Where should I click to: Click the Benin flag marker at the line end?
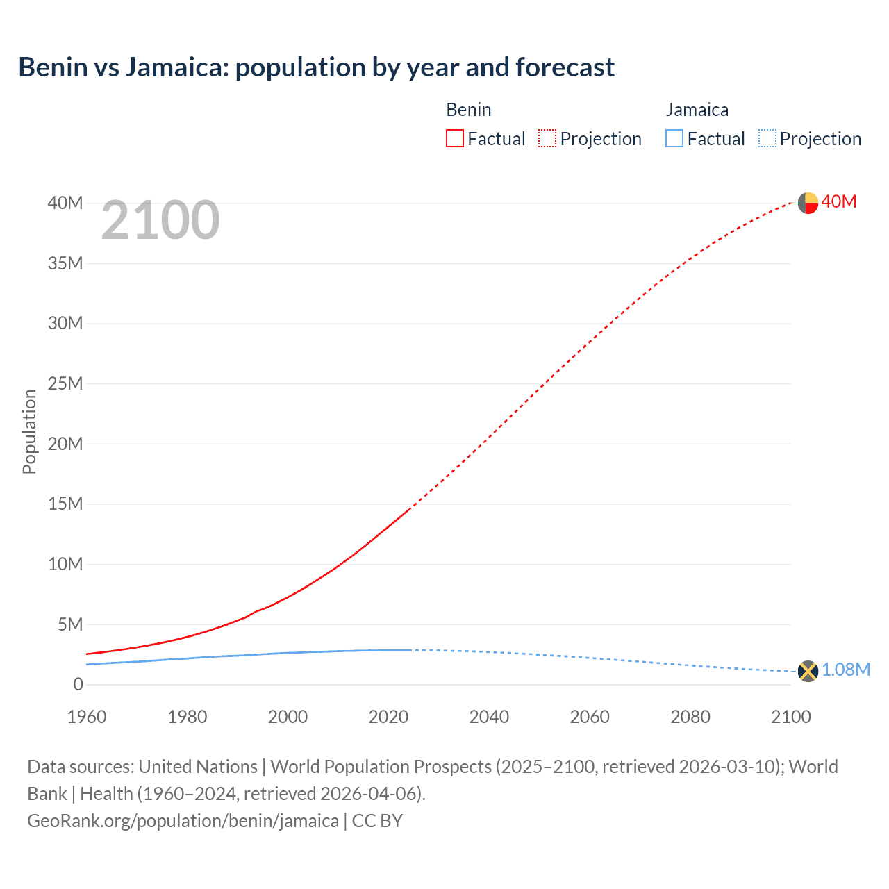pos(808,203)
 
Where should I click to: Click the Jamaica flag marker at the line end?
pos(808,671)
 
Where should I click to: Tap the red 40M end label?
pos(839,201)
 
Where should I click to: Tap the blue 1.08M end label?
pos(846,670)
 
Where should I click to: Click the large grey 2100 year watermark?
pos(160,220)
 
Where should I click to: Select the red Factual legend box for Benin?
pos(454,138)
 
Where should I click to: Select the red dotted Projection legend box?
pos(547,138)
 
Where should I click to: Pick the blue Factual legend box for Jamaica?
pos(674,138)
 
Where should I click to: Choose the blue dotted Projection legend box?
pos(767,138)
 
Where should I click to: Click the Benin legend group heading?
pos(469,110)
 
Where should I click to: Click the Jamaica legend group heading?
pos(697,110)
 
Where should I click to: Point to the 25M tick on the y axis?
pos(65,383)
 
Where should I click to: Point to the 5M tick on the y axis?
pos(69,624)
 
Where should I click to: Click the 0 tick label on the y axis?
pos(78,684)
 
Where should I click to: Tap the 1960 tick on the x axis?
pos(87,717)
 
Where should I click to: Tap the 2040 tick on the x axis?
pos(489,717)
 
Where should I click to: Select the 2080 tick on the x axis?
pos(690,717)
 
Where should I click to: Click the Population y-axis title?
pos(29,431)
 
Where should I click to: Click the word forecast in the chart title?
pos(565,67)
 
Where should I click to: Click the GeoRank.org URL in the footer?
pos(183,820)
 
